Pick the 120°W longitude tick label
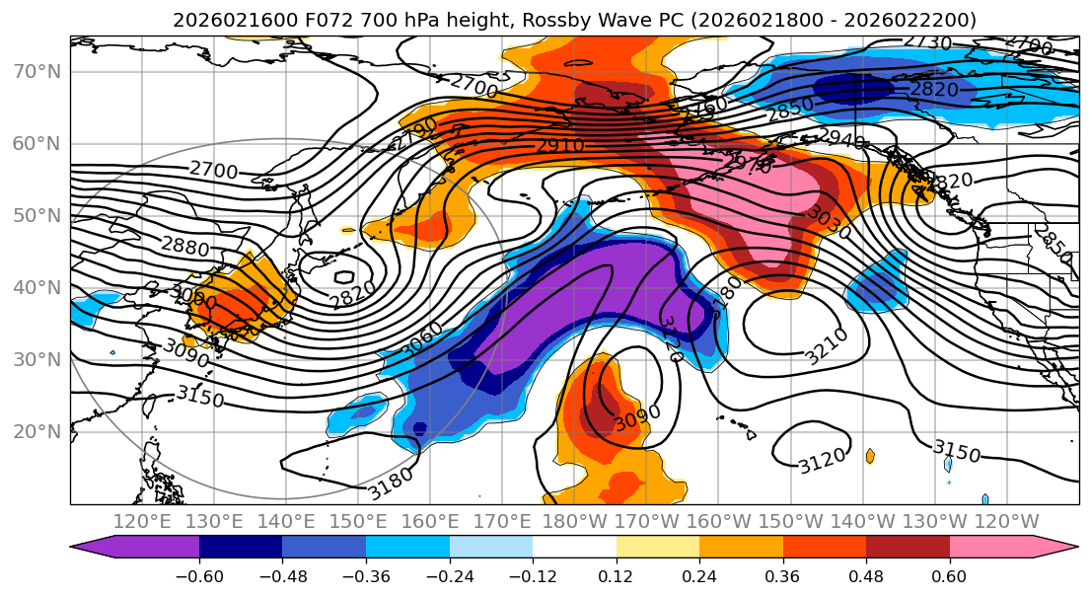tap(1006, 521)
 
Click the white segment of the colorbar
tap(574, 548)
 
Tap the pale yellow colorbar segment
tap(657, 548)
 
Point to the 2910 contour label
tap(560, 146)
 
